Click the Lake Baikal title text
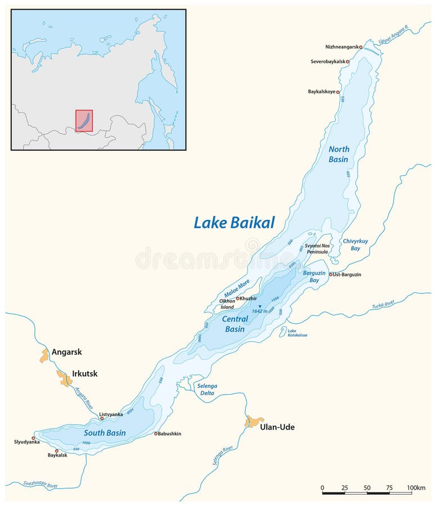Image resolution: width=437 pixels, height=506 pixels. tap(234, 223)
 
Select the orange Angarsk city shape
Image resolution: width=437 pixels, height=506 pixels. tap(44, 355)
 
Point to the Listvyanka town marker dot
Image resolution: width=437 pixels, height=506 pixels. tap(102, 419)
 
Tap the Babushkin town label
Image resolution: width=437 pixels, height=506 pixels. tap(170, 433)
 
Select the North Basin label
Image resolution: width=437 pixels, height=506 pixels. tap(339, 154)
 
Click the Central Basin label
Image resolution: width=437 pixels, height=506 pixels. tap(235, 324)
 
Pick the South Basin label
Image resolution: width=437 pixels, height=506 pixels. tap(105, 433)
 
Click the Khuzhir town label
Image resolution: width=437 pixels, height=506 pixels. tap(249, 298)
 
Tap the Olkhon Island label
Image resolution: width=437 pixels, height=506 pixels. tap(227, 304)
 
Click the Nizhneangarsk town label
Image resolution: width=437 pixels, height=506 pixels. tap(342, 47)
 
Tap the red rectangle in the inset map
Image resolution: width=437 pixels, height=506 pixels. tap(84, 121)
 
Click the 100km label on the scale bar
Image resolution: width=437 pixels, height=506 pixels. tap(417, 487)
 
